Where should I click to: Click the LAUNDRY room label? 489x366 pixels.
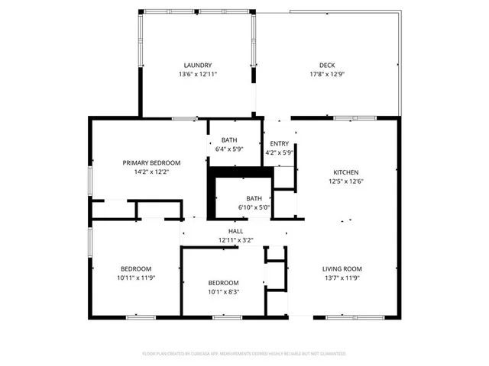198,65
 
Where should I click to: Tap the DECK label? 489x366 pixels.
327,65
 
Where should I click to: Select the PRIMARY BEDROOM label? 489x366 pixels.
152,162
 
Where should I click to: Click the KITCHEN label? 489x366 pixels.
345,172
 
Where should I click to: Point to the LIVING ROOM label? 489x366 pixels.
342,268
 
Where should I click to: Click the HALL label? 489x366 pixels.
235,231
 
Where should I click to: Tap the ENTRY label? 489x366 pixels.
280,143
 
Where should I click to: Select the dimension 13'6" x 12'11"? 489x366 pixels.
198,74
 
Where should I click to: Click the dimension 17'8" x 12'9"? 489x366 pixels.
327,74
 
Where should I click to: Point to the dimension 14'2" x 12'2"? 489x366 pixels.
152,172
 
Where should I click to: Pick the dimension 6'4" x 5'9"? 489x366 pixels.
229,149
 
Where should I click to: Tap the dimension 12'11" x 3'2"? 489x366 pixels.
235,240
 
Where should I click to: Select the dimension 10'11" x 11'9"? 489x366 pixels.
135,278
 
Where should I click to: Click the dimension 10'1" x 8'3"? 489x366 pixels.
224,291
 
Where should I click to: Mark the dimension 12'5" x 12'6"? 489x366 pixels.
345,181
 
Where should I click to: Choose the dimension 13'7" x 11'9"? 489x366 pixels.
342,278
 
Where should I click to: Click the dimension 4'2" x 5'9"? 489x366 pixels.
280,152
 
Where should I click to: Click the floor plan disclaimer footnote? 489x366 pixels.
244,354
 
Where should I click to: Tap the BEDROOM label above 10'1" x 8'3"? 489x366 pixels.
224,282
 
